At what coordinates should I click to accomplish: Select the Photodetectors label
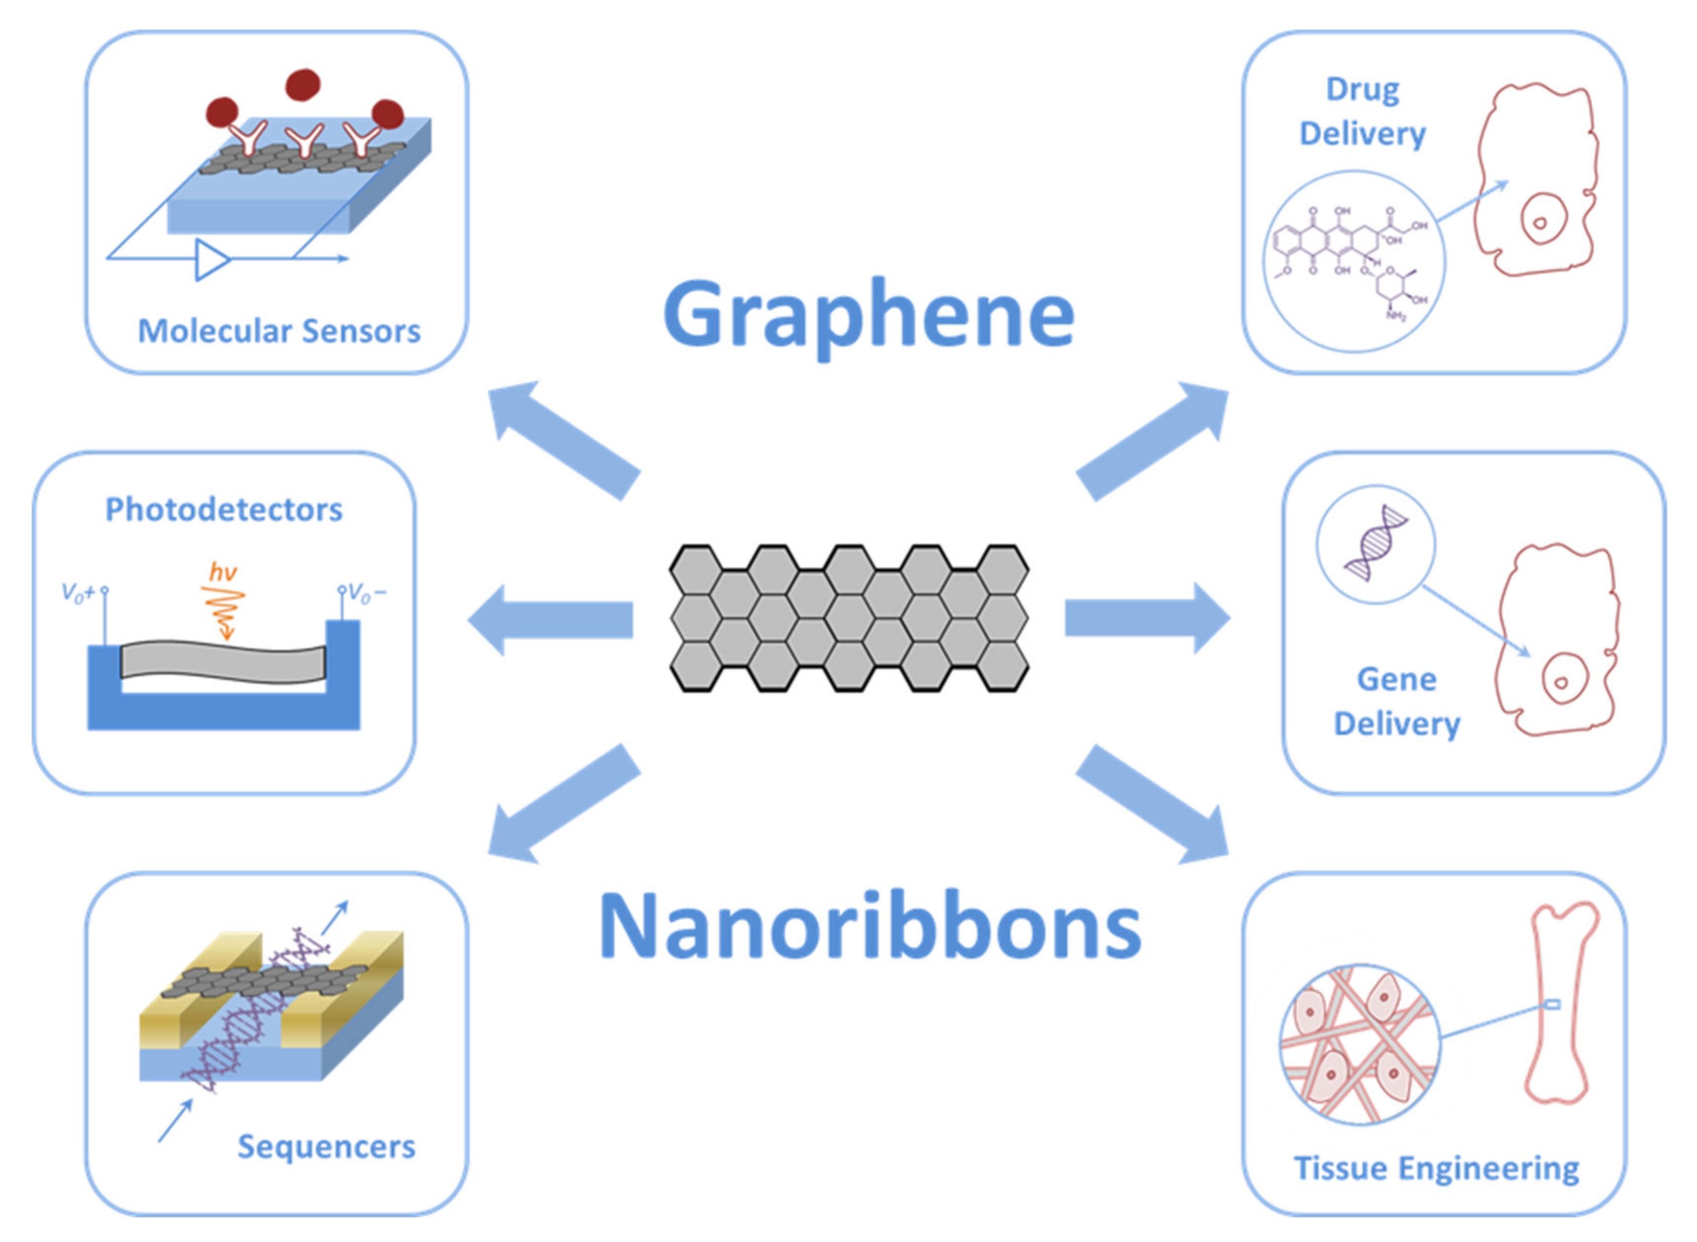(x=223, y=510)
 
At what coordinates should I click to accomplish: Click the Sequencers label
(x=326, y=1147)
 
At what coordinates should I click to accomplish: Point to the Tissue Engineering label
(x=1436, y=1168)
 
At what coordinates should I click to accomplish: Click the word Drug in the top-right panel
(x=1362, y=89)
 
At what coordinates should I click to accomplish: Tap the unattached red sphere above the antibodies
(x=303, y=84)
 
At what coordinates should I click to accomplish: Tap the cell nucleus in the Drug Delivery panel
(x=1540, y=222)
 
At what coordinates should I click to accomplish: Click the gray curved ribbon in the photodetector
(x=223, y=661)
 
